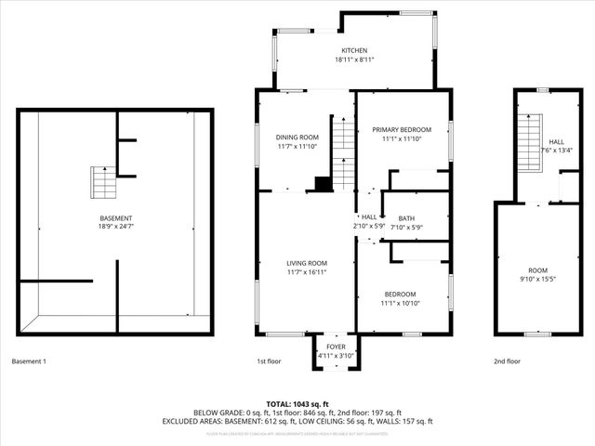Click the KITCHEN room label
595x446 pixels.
pyautogui.click(x=353, y=50)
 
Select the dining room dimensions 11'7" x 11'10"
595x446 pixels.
pyautogui.click(x=297, y=147)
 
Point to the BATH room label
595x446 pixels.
pyautogui.click(x=406, y=218)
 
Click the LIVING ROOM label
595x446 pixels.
pyautogui.click(x=306, y=263)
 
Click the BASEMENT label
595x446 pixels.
pyautogui.click(x=116, y=218)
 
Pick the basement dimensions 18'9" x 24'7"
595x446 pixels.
pyautogui.click(x=116, y=228)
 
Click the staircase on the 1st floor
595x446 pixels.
pyautogui.click(x=343, y=153)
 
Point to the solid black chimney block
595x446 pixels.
pyautogui.click(x=323, y=184)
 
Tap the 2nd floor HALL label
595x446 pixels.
pyautogui.click(x=556, y=141)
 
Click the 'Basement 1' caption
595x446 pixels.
pyautogui.click(x=29, y=361)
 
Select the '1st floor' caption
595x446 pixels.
pyautogui.click(x=269, y=361)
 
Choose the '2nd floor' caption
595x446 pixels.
pyautogui.click(x=508, y=361)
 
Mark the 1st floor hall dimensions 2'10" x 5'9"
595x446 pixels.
pyautogui.click(x=369, y=226)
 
